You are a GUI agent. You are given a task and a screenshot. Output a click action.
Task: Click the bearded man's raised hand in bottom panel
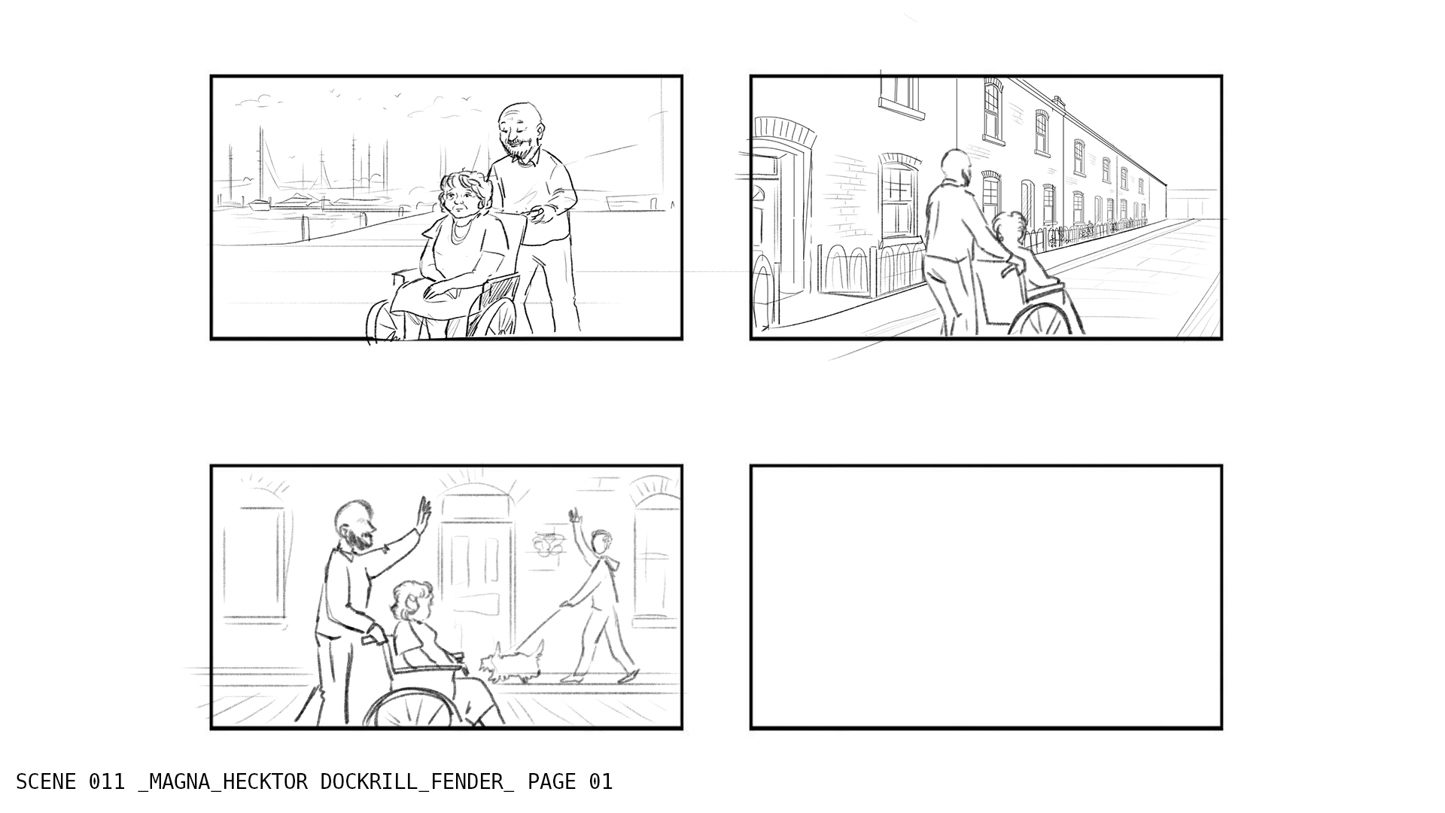(x=424, y=513)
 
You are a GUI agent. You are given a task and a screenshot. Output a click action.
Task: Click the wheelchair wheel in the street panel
(x=1040, y=320)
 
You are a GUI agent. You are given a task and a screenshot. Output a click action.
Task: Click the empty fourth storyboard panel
(x=986, y=597)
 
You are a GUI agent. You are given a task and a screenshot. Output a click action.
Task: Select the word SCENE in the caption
(x=46, y=782)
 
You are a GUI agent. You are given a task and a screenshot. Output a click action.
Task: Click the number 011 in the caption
(x=107, y=782)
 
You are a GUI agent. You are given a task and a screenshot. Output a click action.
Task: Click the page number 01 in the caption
(x=601, y=782)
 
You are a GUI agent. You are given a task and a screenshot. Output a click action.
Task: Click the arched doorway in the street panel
(x=783, y=218)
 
